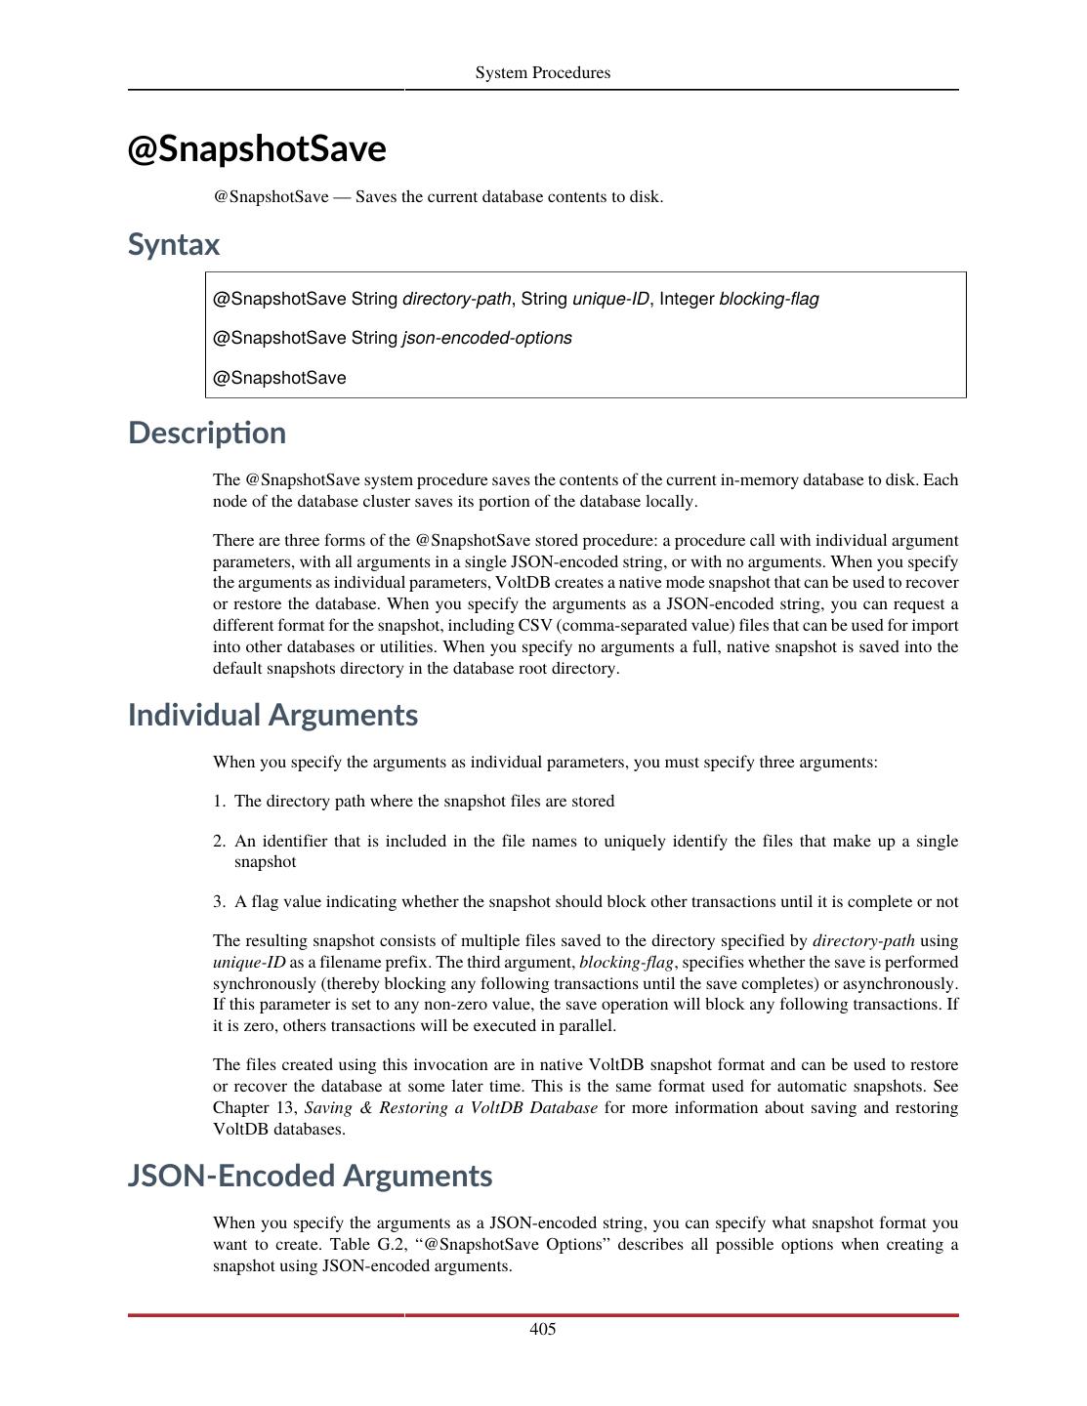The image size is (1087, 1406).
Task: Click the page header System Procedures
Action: [x=542, y=73]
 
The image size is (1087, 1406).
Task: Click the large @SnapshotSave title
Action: [x=257, y=149]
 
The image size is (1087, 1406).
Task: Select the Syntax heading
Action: [x=174, y=244]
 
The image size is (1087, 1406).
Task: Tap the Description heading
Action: [x=207, y=433]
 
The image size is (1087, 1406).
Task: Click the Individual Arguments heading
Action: [x=272, y=715]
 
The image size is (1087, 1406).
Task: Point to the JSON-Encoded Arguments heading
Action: [x=310, y=1176]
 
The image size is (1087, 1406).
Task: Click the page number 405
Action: [x=543, y=1329]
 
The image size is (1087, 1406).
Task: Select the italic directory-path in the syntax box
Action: [x=457, y=299]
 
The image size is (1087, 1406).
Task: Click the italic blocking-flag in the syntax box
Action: [x=769, y=299]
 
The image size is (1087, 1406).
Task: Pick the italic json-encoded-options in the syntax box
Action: [x=487, y=338]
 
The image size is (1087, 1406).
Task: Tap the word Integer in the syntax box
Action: [x=687, y=299]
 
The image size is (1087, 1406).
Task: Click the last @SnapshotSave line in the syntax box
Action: [x=279, y=378]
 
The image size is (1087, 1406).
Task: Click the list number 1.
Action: [x=219, y=802]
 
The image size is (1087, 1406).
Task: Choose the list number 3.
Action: [x=219, y=902]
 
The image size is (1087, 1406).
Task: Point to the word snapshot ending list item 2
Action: [x=265, y=862]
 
